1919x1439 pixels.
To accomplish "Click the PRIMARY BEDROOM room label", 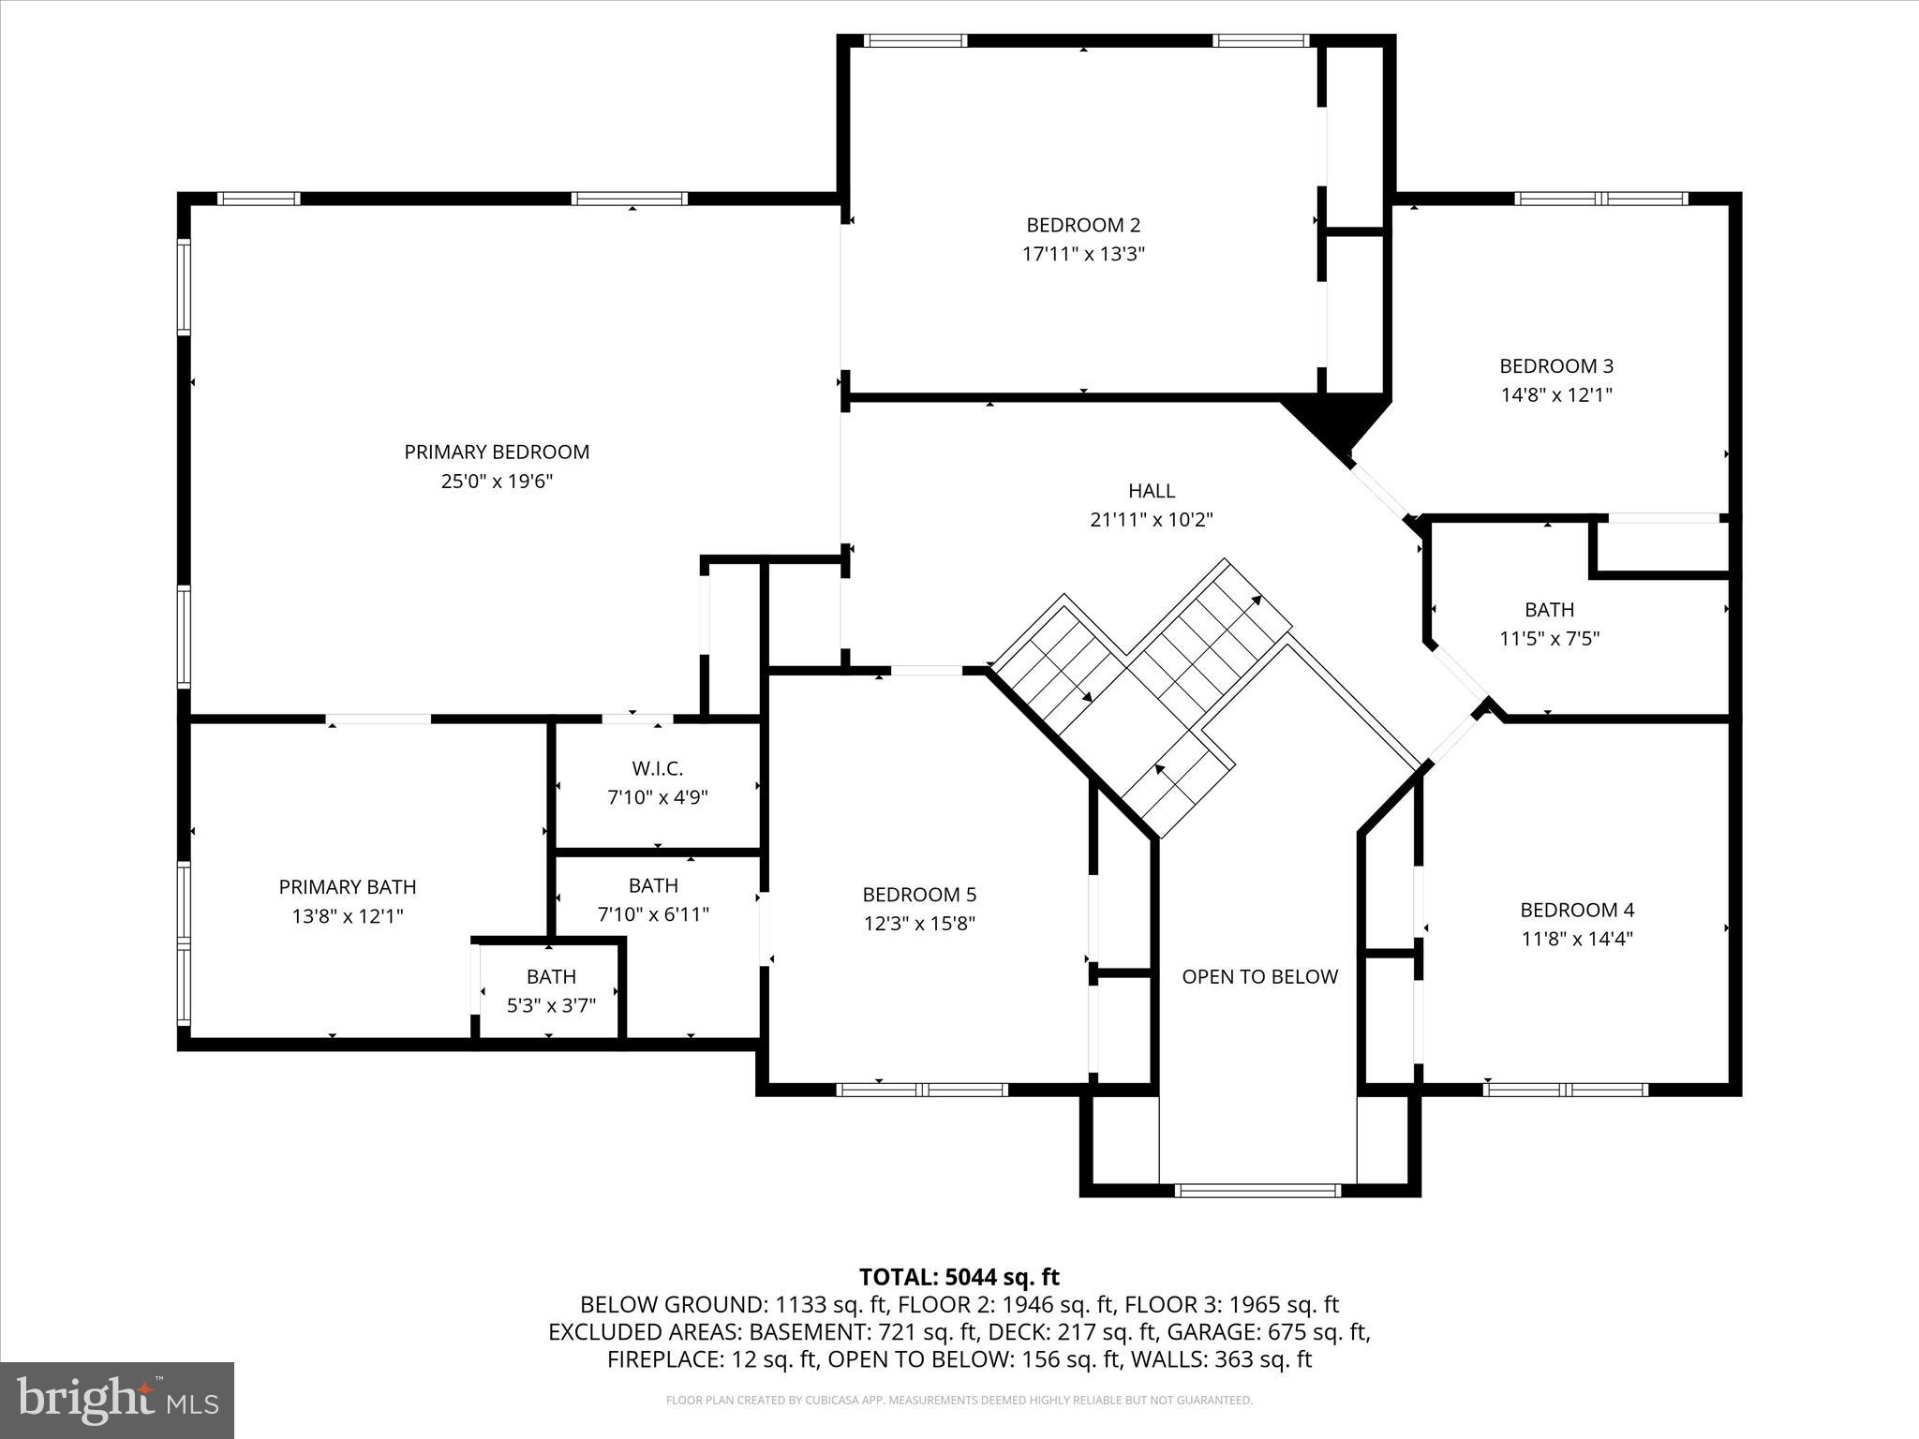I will pyautogui.click(x=497, y=452).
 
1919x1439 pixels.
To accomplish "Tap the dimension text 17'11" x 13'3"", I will pyautogui.click(x=1083, y=254).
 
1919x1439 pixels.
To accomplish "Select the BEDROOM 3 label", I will pyautogui.click(x=1556, y=366).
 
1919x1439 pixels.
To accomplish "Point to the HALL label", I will pyautogui.click(x=1152, y=491).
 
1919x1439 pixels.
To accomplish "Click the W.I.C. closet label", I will pyautogui.click(x=657, y=769).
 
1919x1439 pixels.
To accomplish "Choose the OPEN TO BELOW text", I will pyautogui.click(x=1259, y=977).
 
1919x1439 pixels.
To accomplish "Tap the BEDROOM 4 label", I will pyautogui.click(x=1577, y=910).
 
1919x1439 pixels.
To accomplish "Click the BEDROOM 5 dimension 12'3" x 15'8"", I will pyautogui.click(x=919, y=924).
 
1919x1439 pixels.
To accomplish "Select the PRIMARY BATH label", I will pyautogui.click(x=348, y=887).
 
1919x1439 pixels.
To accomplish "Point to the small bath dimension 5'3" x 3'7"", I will pyautogui.click(x=551, y=1006).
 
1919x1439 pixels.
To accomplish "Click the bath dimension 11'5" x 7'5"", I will pyautogui.click(x=1549, y=639).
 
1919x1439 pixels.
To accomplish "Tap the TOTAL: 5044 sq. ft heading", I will pyautogui.click(x=959, y=1277).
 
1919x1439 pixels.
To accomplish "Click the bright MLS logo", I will pyautogui.click(x=117, y=1401).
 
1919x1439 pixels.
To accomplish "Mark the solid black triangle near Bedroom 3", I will pyautogui.click(x=1338, y=422).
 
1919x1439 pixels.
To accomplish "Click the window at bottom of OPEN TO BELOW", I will pyautogui.click(x=1257, y=1191).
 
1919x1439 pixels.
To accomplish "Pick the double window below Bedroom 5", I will pyautogui.click(x=922, y=1090).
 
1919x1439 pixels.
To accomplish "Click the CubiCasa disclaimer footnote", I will pyautogui.click(x=959, y=1401).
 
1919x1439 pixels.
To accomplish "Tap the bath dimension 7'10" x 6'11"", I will pyautogui.click(x=653, y=914).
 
